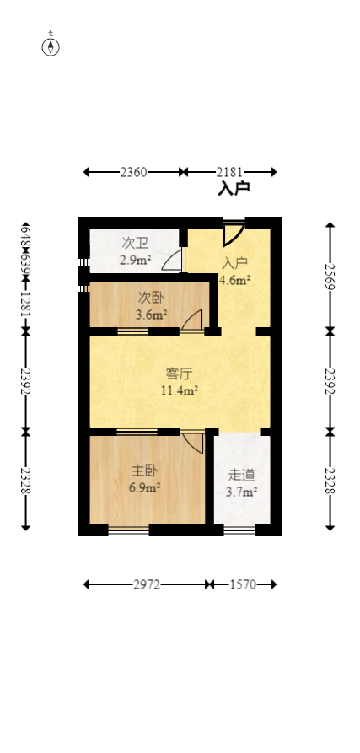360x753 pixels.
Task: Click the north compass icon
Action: coord(51,46)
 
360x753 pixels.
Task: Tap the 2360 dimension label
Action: coord(133,172)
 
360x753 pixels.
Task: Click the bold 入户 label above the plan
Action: coord(234,190)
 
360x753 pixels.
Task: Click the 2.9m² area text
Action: coord(135,260)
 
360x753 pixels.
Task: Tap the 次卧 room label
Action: coord(152,299)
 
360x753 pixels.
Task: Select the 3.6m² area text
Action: coord(152,316)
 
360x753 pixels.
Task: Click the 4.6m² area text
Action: coord(235,280)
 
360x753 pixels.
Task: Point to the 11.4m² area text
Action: coord(179,390)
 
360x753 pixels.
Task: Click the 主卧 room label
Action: coord(144,470)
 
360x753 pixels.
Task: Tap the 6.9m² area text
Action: coord(144,487)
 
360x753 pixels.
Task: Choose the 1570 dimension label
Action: coord(242,584)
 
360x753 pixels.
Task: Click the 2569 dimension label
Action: coord(330,277)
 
